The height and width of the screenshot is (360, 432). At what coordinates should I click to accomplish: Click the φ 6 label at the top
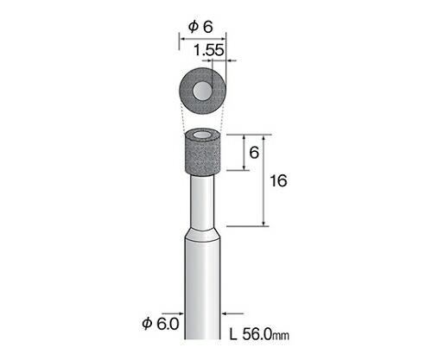200,28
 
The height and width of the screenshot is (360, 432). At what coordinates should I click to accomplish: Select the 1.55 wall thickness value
208,50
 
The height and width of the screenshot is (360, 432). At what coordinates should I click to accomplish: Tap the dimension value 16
278,181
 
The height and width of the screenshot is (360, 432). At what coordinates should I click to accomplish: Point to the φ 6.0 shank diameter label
161,324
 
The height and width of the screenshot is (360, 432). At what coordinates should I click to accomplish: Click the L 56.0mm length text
259,335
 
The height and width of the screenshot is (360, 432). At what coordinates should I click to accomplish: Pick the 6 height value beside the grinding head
254,153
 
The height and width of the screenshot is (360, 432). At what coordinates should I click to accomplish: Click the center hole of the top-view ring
202,91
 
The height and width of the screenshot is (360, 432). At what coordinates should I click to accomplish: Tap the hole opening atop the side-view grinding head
202,135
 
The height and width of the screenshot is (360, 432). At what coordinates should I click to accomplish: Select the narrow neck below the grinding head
202,201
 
